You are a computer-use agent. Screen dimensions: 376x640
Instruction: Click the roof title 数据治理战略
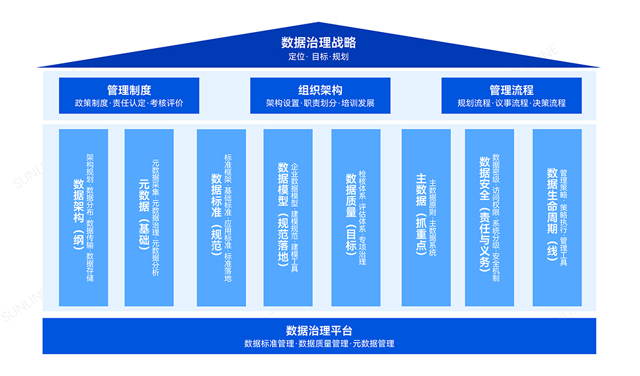click(x=319, y=43)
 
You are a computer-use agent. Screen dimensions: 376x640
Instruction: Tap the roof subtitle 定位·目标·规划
click(x=319, y=56)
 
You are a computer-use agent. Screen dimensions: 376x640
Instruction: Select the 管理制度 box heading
click(x=129, y=90)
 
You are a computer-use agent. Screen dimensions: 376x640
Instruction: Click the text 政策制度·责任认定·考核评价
click(x=129, y=103)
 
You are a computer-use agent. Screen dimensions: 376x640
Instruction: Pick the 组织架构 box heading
click(x=320, y=90)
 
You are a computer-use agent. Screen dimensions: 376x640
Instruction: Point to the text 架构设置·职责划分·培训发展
click(x=320, y=103)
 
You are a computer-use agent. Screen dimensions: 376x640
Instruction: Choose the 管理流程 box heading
click(x=511, y=90)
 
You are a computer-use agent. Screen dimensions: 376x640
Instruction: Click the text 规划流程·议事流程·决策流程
click(x=511, y=103)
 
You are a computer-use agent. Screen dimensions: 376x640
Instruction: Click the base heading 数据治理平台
click(x=319, y=331)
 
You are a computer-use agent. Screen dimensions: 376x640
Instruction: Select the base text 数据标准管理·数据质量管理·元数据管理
click(x=319, y=344)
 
